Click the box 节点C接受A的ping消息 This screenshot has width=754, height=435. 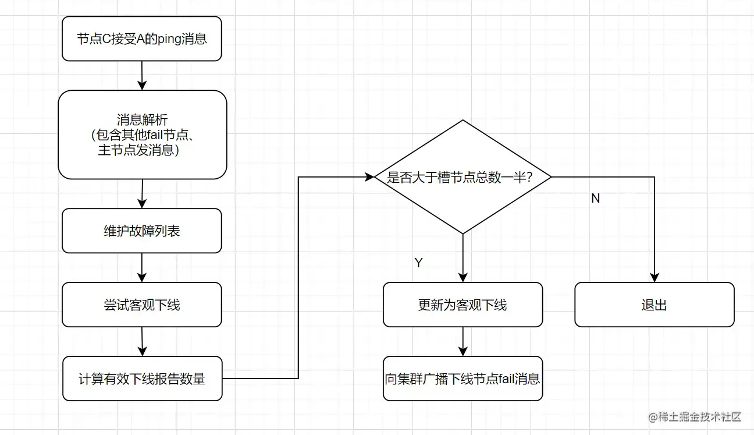coord(141,39)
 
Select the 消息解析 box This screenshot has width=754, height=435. coord(142,135)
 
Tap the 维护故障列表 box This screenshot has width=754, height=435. coord(141,231)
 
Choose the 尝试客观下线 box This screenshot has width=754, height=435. coord(141,305)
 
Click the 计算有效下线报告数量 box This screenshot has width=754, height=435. coord(142,379)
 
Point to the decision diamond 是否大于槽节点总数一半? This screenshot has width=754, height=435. coord(463,177)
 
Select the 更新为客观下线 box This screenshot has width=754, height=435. coord(463,305)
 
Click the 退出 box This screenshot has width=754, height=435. coord(654,305)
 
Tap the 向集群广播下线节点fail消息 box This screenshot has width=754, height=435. coord(463,379)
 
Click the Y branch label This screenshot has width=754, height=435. coord(418,263)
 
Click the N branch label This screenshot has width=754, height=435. coord(595,199)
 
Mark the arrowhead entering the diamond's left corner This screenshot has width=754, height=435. coord(369,177)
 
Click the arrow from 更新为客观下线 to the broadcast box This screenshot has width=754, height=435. coord(463,341)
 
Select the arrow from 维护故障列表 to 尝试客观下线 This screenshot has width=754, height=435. coord(142,268)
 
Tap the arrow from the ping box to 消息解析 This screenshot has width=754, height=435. coord(142,76)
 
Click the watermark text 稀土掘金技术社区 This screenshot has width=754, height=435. coord(695,417)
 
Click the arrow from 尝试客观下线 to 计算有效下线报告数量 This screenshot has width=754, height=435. coord(142,341)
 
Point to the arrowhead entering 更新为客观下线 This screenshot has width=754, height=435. coord(463,277)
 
